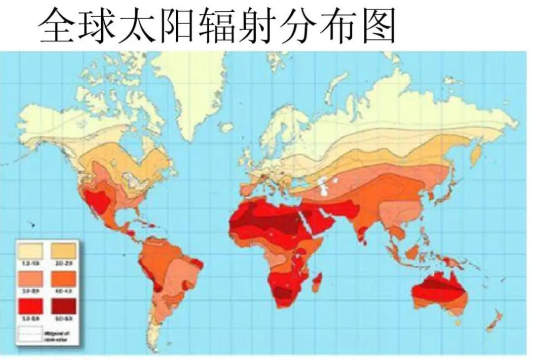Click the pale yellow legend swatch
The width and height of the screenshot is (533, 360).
pyautogui.click(x=31, y=251)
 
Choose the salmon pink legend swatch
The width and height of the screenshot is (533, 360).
pyautogui.click(x=31, y=279)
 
